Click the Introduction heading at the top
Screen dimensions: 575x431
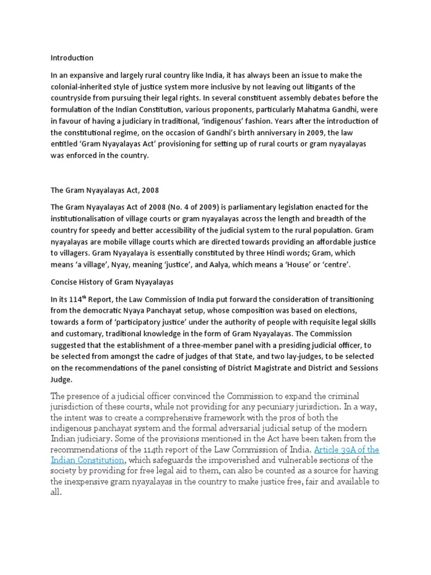pyautogui.click(x=72, y=58)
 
